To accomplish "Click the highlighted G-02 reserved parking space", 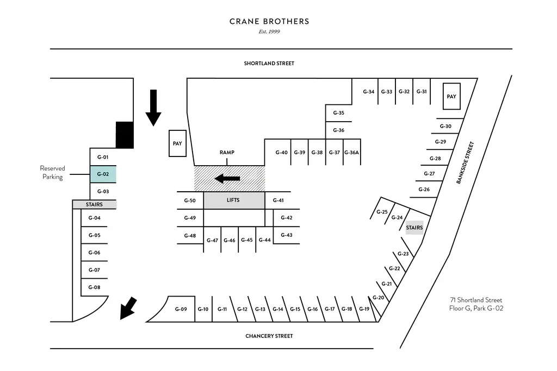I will (103, 174).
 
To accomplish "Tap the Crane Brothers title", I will (269, 22).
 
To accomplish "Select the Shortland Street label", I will (269, 64).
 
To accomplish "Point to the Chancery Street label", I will (269, 336).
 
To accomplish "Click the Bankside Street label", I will (465, 163).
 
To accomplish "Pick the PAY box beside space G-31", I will (451, 97).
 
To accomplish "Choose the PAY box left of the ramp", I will (177, 144).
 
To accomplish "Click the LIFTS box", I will (234, 200).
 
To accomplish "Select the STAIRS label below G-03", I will (95, 205).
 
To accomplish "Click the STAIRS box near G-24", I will (414, 228).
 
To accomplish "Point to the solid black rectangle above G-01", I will (125, 135).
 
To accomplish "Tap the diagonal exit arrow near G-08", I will (129, 308).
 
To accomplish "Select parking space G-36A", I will (352, 153).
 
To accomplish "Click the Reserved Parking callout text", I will (52, 173).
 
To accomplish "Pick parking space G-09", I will (181, 309).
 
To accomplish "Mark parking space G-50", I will (190, 200).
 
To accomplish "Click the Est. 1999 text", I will (269, 32).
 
